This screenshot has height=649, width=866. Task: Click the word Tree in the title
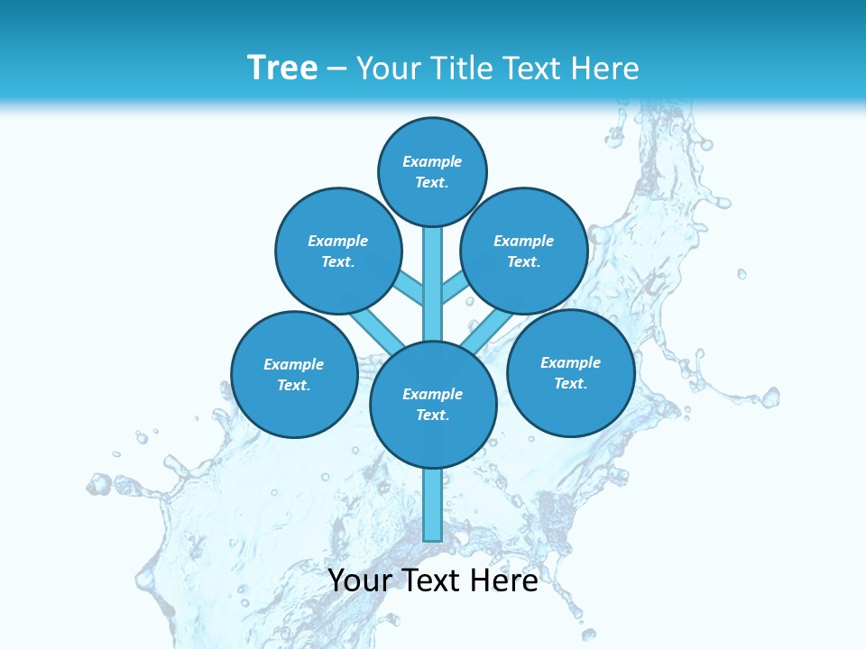coord(282,68)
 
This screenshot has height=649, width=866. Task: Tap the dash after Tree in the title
coord(336,68)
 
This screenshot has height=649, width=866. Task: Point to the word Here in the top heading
coord(607,69)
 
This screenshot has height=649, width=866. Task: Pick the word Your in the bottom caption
coord(361,580)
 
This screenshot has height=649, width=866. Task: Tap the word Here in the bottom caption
coord(504,580)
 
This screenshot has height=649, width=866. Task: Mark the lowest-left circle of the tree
coord(294,374)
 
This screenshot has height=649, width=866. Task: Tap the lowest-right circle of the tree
coord(570,372)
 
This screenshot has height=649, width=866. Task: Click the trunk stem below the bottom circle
coord(433,505)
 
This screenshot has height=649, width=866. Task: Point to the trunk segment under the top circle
coord(433,270)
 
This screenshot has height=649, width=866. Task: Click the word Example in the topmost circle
coord(432,162)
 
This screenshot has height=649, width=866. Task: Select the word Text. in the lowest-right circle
coord(570,383)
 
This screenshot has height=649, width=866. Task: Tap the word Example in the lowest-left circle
coord(293,365)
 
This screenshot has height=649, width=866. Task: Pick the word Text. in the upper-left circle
coord(337,262)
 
